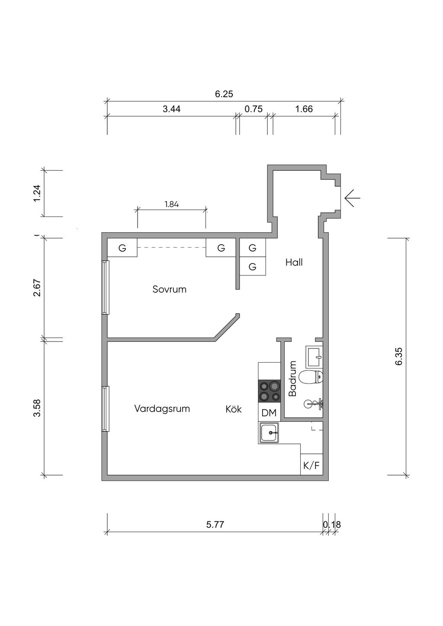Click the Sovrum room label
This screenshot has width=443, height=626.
(x=169, y=289)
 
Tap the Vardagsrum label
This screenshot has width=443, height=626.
(x=162, y=409)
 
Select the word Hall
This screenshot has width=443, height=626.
(x=294, y=262)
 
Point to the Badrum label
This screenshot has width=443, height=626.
(x=292, y=378)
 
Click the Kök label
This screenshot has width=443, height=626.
(x=234, y=409)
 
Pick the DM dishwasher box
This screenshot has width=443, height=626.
(x=269, y=413)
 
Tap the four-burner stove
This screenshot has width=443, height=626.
(x=269, y=391)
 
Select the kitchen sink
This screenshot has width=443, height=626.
(x=270, y=433)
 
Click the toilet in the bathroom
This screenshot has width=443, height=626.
(x=311, y=377)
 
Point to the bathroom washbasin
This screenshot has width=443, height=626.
(x=315, y=357)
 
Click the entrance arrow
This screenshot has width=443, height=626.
(x=353, y=198)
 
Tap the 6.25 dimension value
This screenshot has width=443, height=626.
(x=224, y=94)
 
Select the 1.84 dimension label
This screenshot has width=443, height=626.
(x=171, y=204)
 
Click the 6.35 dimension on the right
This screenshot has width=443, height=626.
(x=398, y=356)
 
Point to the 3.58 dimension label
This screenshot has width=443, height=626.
(x=37, y=408)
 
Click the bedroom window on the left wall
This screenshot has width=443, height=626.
(x=105, y=287)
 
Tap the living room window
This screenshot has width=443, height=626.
(x=105, y=409)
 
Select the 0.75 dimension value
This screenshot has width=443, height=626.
(x=254, y=109)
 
